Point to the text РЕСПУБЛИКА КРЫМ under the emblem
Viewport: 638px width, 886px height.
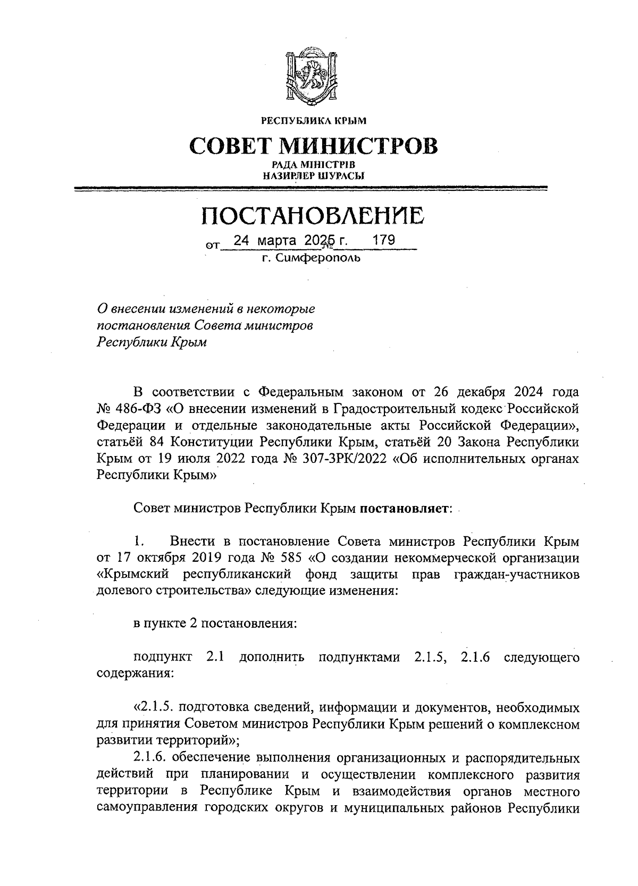point(313,121)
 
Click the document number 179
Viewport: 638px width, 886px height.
point(384,240)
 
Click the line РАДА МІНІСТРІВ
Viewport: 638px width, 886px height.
point(313,165)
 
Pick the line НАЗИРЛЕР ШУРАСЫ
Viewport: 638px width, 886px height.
point(313,175)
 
